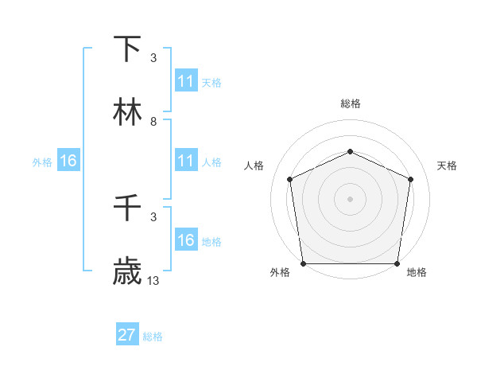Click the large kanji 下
click(x=128, y=49)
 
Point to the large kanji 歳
click(x=128, y=272)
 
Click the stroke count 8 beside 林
click(x=153, y=122)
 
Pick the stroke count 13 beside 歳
click(x=153, y=281)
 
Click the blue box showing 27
click(x=127, y=335)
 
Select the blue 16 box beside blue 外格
click(x=68, y=161)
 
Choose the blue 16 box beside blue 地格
click(x=186, y=240)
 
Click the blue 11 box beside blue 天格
click(x=186, y=81)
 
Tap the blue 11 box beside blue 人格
click(x=186, y=161)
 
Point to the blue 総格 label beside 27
click(x=153, y=336)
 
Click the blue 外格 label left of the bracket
click(x=42, y=162)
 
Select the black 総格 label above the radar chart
click(x=351, y=103)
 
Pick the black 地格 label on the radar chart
click(x=417, y=273)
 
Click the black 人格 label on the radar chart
click(x=254, y=166)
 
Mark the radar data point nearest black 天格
click(x=411, y=179)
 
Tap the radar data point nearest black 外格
click(x=303, y=263)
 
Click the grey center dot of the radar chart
click(x=350, y=198)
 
